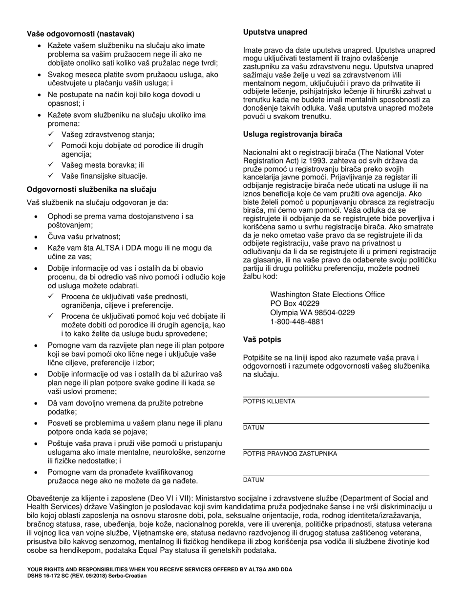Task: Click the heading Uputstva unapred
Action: [x=275, y=32]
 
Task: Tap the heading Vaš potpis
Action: [x=262, y=340]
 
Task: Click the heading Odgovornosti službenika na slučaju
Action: [x=91, y=189]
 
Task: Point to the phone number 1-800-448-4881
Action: [x=297, y=322]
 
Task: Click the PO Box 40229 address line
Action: [x=295, y=303]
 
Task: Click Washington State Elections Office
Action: [x=327, y=295]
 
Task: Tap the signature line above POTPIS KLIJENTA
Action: [x=336, y=397]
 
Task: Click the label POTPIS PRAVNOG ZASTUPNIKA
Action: [x=290, y=454]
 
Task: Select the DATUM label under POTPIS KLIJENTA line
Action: [x=254, y=428]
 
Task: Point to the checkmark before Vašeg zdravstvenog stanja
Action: [x=51, y=134]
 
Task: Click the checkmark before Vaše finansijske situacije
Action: [x=51, y=176]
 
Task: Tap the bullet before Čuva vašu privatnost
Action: [x=36, y=237]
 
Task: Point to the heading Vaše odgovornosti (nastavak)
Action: [x=81, y=34]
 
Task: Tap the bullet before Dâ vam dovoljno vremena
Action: [x=36, y=403]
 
